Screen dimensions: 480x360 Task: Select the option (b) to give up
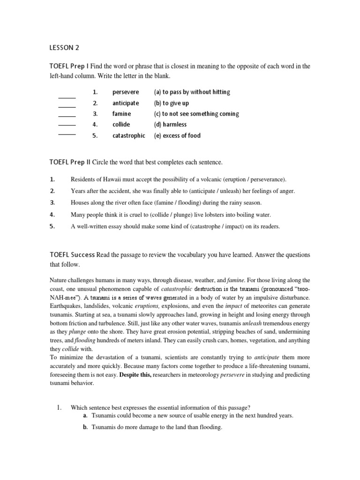coord(171,103)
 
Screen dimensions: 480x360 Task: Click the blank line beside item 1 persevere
coord(67,97)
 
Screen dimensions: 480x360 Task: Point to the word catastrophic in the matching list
coord(129,135)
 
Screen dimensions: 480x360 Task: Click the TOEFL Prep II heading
coord(70,162)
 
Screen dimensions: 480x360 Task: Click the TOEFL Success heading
coord(72,255)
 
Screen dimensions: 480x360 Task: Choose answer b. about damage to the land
coord(157,427)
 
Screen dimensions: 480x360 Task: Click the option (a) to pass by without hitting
coord(192,92)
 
